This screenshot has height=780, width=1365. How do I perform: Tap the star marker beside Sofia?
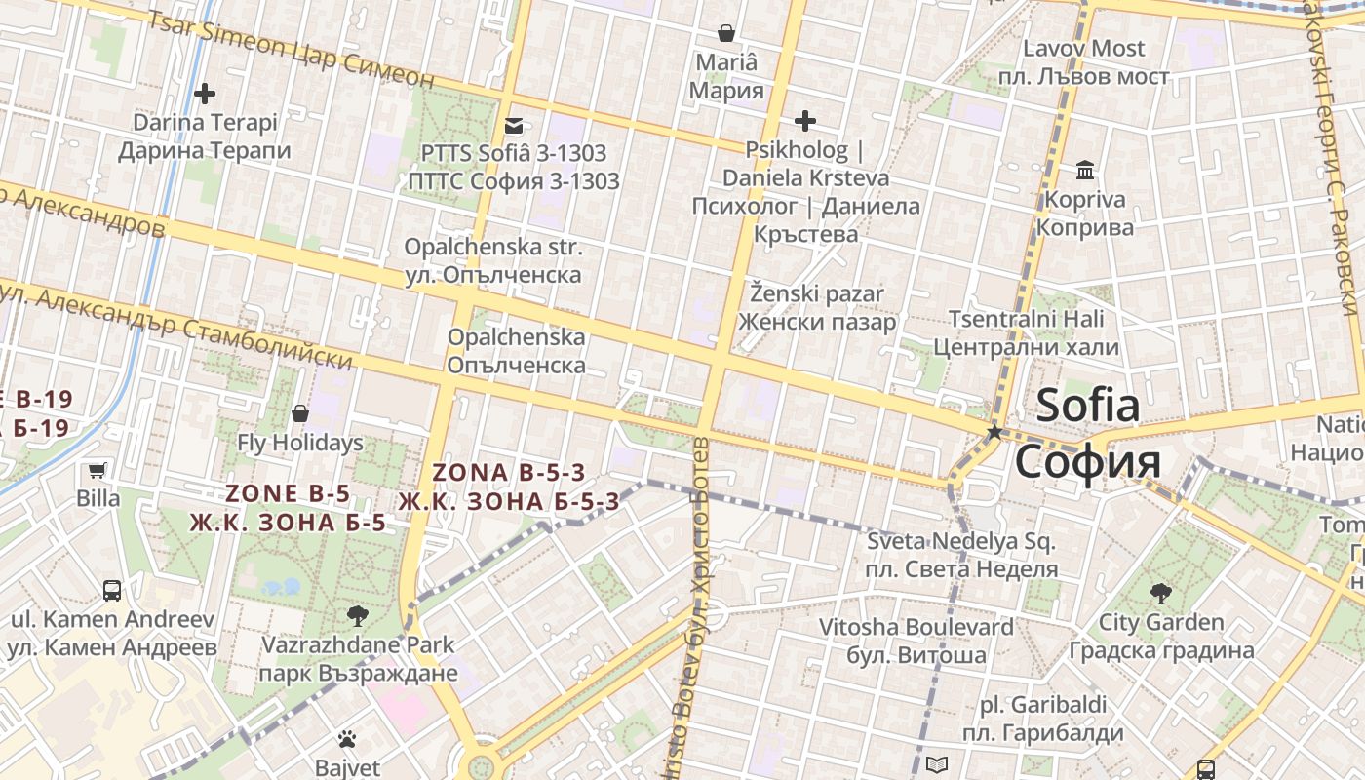[x=994, y=431]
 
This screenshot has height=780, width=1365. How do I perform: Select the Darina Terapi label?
[x=205, y=136]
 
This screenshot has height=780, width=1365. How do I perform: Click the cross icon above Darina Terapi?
[x=205, y=94]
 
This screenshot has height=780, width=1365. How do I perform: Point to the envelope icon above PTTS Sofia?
[x=514, y=125]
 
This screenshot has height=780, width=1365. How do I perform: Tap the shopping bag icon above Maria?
[x=726, y=33]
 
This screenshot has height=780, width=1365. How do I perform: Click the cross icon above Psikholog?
[x=805, y=121]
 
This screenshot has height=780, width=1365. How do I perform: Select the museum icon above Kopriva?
[x=1085, y=171]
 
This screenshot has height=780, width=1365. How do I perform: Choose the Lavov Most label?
[x=1084, y=61]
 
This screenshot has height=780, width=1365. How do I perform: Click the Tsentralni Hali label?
[x=1027, y=332]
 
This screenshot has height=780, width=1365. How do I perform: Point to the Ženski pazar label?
[x=817, y=307]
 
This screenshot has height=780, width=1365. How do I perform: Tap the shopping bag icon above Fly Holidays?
[x=300, y=413]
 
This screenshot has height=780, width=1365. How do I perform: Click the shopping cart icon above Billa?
[x=97, y=471]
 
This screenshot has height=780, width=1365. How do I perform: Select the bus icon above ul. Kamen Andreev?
[x=112, y=590]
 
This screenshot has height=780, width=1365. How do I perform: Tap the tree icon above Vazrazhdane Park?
[x=358, y=615]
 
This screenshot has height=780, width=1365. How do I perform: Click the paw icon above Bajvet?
[x=347, y=738]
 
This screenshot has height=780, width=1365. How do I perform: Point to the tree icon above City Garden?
[x=1160, y=593]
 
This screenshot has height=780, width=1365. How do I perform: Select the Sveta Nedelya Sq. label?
[x=963, y=555]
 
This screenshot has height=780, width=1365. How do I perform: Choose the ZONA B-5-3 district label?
[x=509, y=487]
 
